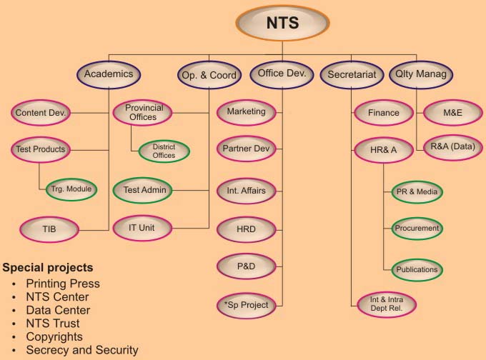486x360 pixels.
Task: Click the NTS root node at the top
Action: [x=282, y=23]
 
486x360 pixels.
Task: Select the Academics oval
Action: [x=108, y=74]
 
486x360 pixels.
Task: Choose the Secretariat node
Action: [x=352, y=74]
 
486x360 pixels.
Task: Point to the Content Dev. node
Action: [x=41, y=112]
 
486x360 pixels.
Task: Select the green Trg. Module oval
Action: [x=71, y=189]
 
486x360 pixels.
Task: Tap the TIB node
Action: [x=49, y=229]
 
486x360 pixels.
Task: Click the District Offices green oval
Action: [x=164, y=151]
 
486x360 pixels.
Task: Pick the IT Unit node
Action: [x=142, y=228]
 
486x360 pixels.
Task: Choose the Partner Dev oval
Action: [x=246, y=149]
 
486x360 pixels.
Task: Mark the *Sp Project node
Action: [x=246, y=305]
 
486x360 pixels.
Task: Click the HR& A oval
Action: [x=384, y=151]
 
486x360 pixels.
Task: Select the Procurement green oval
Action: [x=417, y=229]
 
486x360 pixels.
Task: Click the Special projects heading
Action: [x=48, y=268]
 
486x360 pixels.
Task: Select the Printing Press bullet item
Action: [x=63, y=284]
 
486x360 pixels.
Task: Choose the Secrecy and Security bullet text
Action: [x=82, y=350]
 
